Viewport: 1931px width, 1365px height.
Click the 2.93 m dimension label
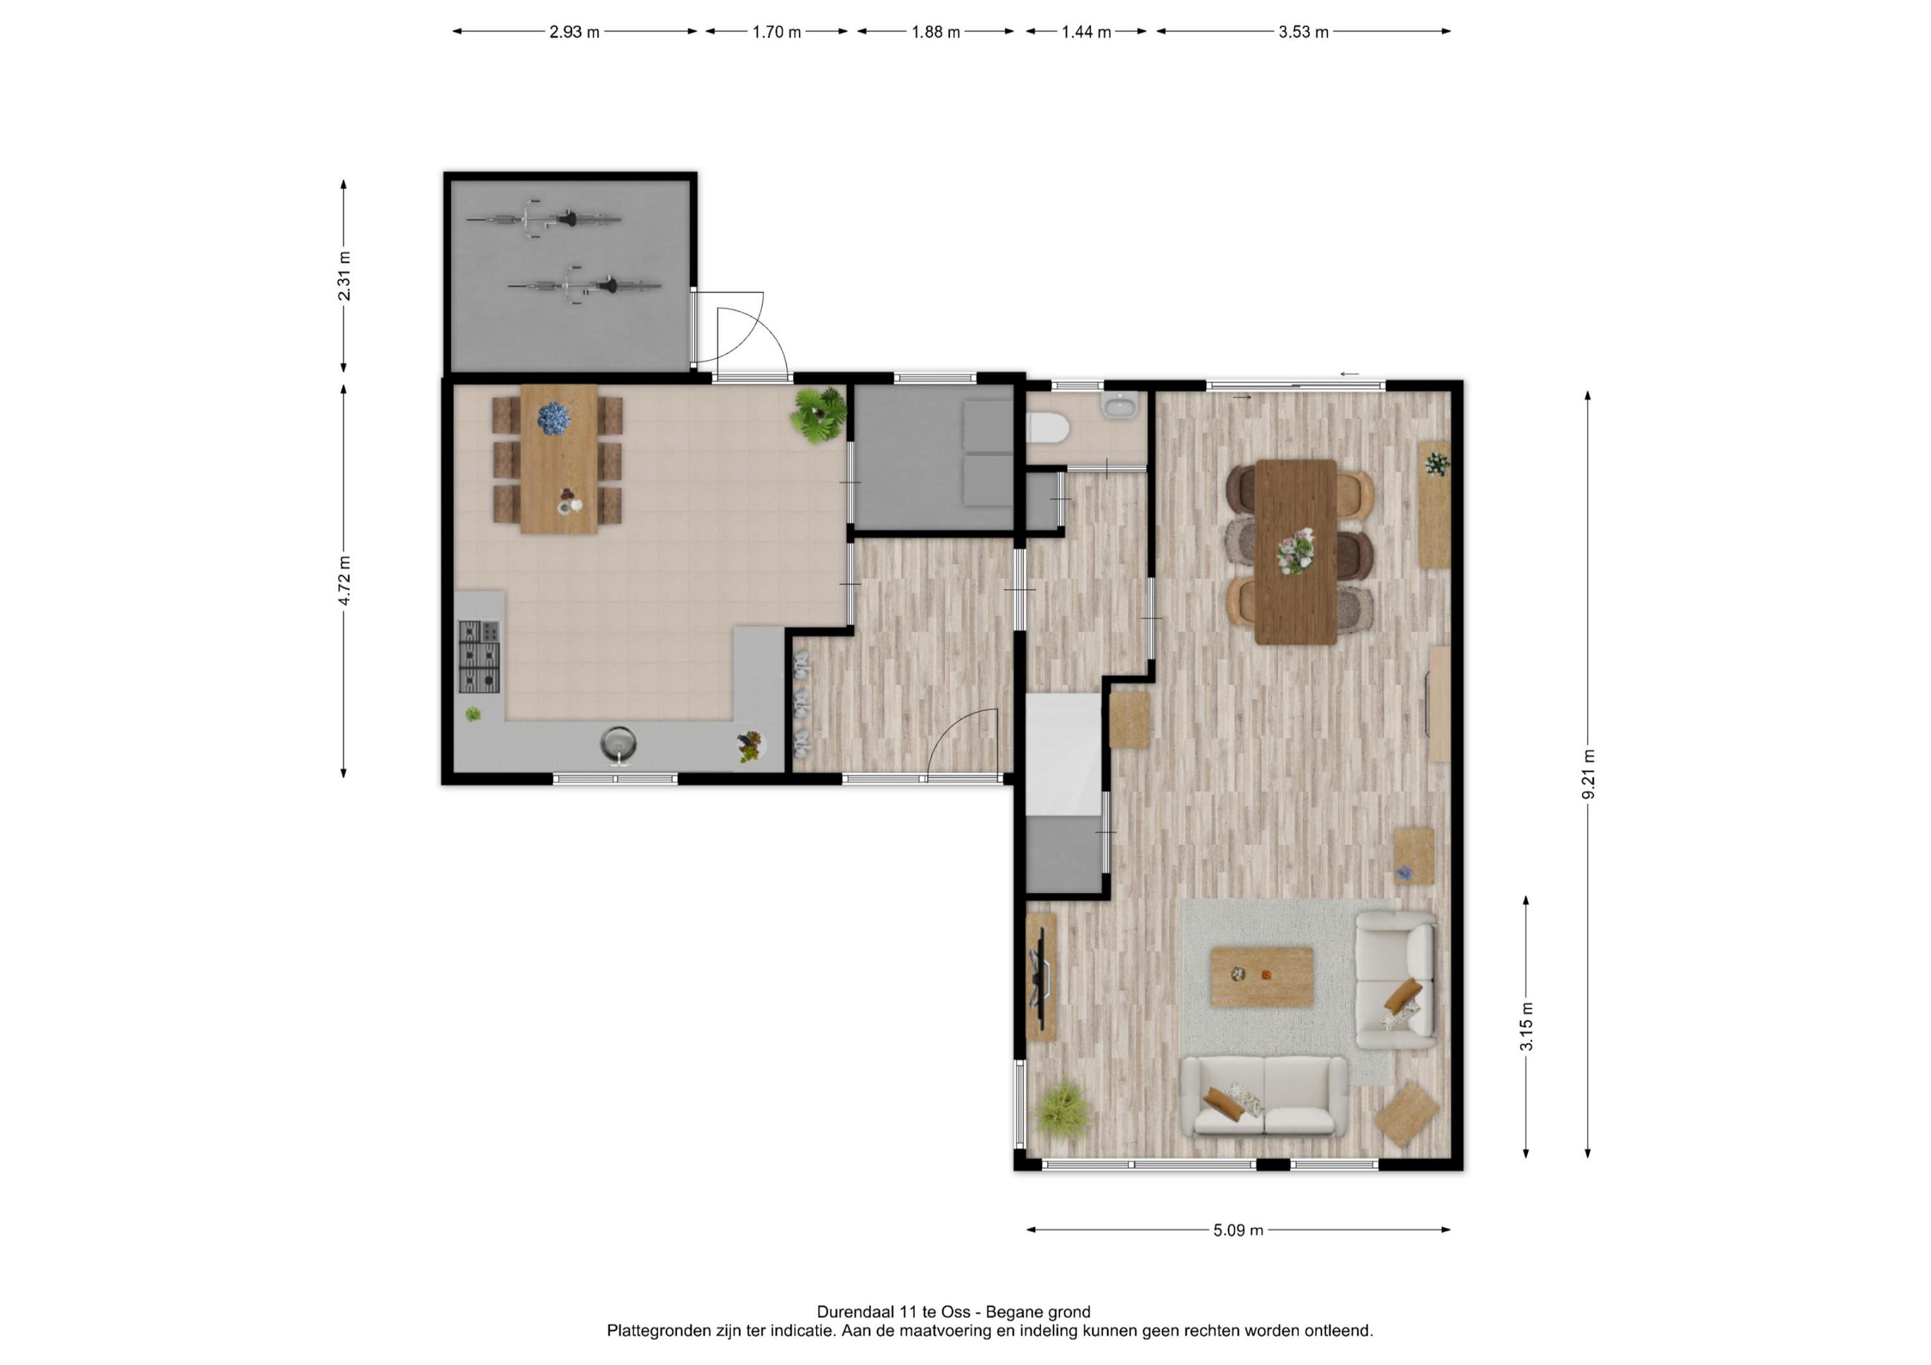tap(574, 32)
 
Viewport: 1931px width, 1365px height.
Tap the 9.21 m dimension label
tap(1588, 774)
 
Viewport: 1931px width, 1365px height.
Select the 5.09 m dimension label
tap(1238, 1230)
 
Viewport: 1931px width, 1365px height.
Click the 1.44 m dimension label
tap(1086, 32)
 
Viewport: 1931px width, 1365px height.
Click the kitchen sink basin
tap(618, 743)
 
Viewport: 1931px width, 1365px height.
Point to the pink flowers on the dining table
tap(1295, 552)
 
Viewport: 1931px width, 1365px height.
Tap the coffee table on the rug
tap(1262, 976)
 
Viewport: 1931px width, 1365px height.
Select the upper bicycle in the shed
tap(544, 219)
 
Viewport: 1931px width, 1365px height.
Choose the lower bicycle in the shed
tap(585, 286)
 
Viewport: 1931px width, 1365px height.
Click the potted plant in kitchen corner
tap(817, 414)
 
